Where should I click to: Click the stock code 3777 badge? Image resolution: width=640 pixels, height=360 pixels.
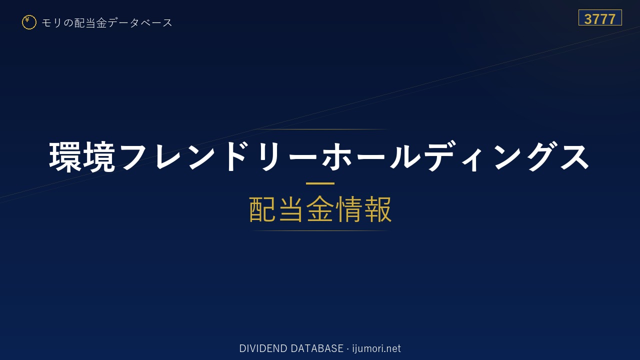(x=600, y=17)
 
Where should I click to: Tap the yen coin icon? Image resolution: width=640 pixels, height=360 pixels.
(x=29, y=22)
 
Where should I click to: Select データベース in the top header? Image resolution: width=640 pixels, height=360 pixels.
(x=140, y=23)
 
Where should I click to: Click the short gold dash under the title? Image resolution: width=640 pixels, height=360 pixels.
(x=320, y=183)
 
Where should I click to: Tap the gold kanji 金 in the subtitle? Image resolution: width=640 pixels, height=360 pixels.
(x=320, y=209)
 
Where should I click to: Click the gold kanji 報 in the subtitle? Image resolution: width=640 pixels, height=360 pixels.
(x=377, y=209)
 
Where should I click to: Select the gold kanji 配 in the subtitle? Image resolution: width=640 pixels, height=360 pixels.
(x=262, y=209)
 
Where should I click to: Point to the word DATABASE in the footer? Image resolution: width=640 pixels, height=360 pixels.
(x=317, y=348)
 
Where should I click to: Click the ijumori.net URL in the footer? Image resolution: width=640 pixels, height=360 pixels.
(x=376, y=349)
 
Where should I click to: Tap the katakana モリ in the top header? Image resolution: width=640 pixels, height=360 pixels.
(x=51, y=23)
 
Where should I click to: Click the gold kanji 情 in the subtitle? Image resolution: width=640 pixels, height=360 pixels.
(x=349, y=209)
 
